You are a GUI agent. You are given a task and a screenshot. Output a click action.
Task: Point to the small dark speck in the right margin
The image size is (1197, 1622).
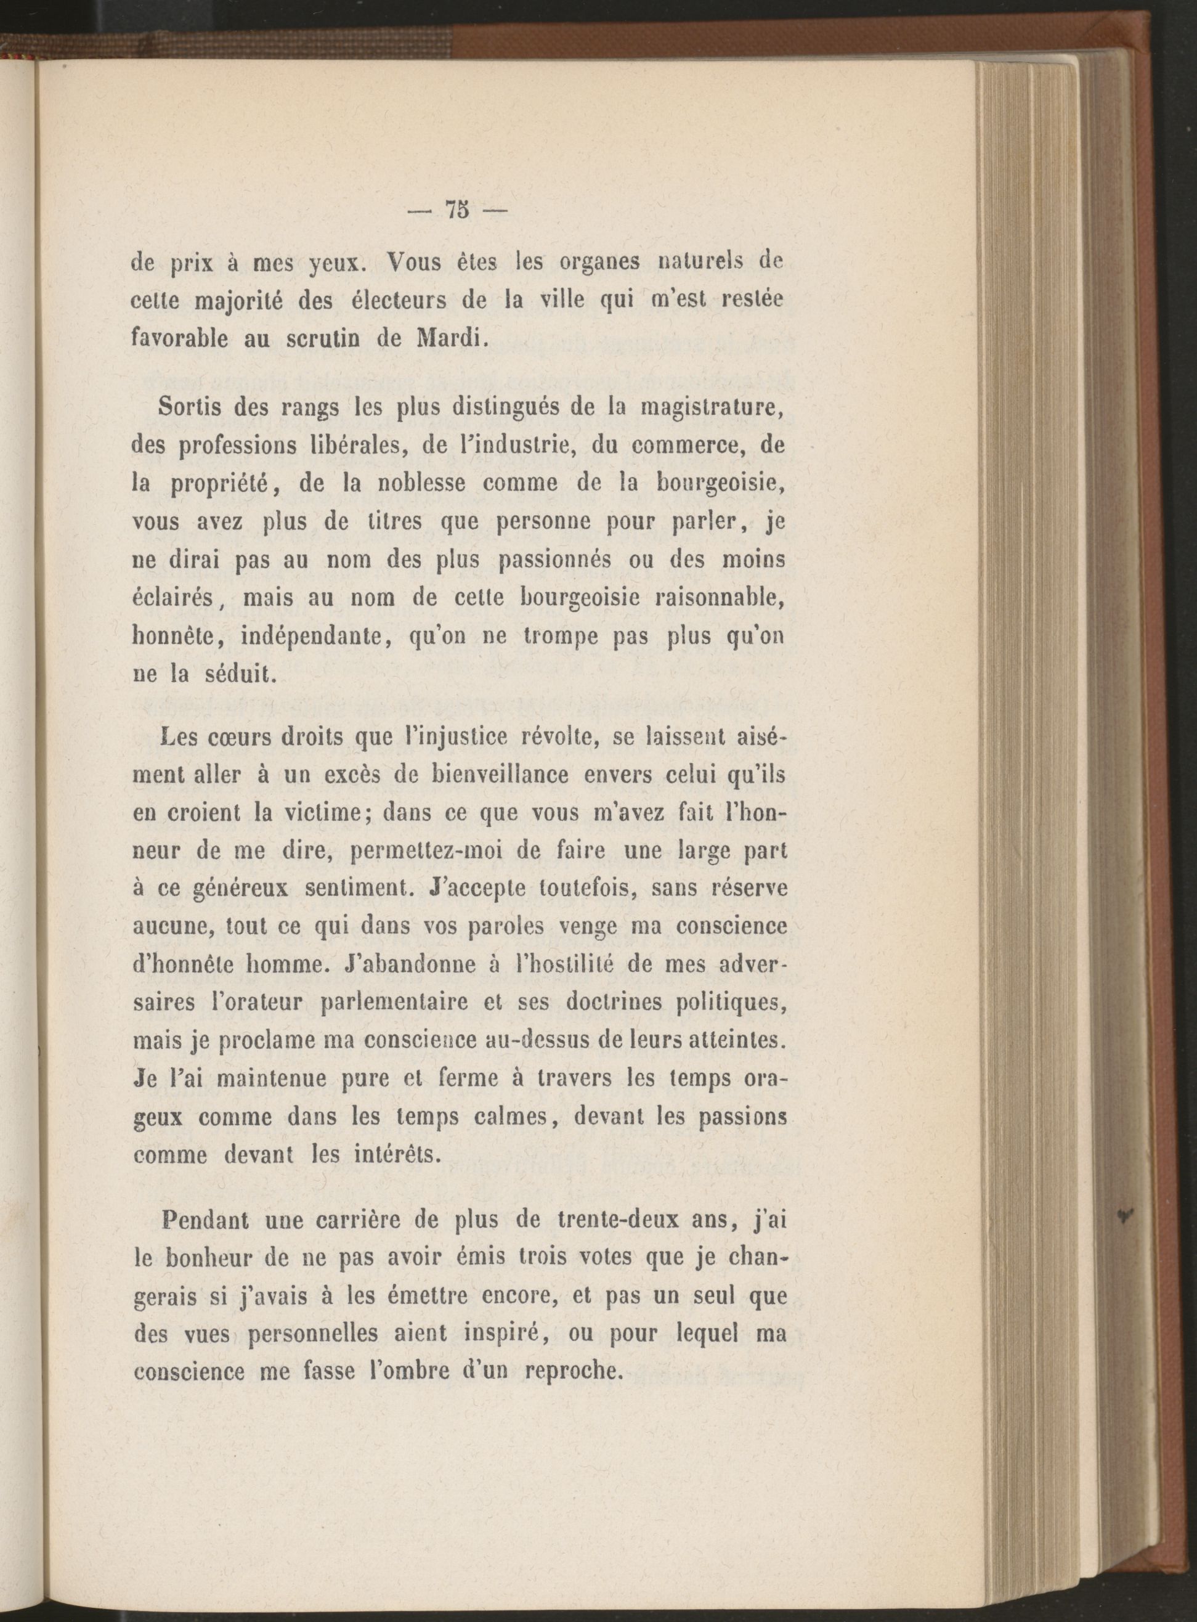point(1126,1215)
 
